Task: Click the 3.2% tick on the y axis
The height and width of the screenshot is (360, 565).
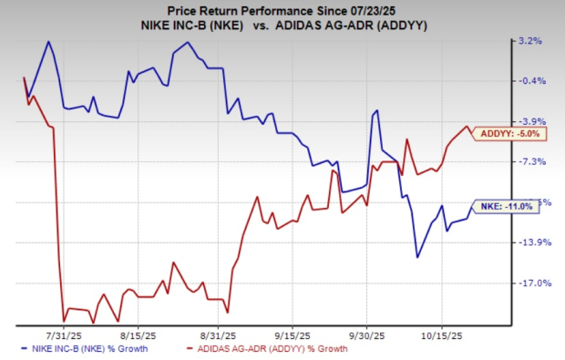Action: pyautogui.click(x=531, y=41)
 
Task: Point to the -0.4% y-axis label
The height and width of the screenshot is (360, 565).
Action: pyautogui.click(x=531, y=81)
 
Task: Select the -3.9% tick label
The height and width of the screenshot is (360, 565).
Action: pyautogui.click(x=531, y=121)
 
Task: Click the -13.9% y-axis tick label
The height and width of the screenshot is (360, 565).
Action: pyautogui.click(x=531, y=242)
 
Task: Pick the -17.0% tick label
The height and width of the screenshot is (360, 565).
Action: pyautogui.click(x=531, y=283)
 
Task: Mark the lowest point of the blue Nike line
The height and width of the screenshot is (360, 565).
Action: pyautogui.click(x=417, y=257)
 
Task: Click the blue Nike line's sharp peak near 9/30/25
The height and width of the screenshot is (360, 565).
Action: pyautogui.click(x=375, y=111)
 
